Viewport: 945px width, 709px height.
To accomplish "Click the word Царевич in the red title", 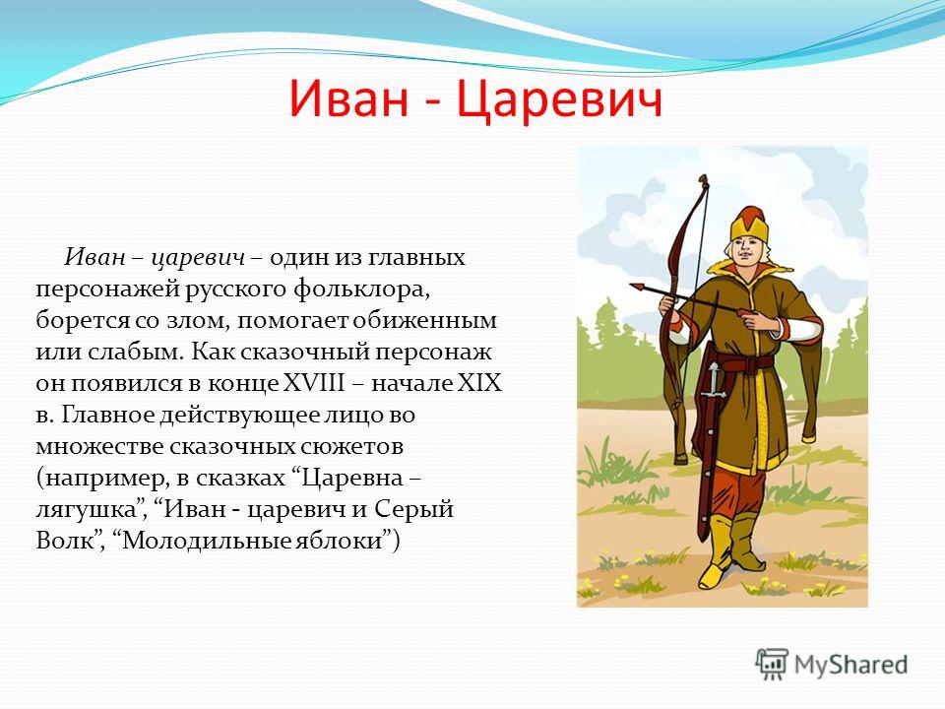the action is tap(559, 98).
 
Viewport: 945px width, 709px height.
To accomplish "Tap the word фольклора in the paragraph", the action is tap(361, 290).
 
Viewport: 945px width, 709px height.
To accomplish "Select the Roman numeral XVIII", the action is tap(313, 383).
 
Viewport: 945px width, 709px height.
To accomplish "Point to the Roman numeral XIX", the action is tap(480, 383).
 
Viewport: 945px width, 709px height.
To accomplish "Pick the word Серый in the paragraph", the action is tap(414, 509).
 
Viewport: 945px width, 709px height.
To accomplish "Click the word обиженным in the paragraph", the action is tap(425, 320).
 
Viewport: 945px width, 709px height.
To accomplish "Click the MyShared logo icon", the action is tap(772, 665).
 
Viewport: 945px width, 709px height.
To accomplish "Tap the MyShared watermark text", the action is tap(850, 665).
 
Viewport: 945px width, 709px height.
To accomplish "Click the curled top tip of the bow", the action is tap(703, 180).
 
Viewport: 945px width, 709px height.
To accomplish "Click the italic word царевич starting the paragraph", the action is tap(197, 258).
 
